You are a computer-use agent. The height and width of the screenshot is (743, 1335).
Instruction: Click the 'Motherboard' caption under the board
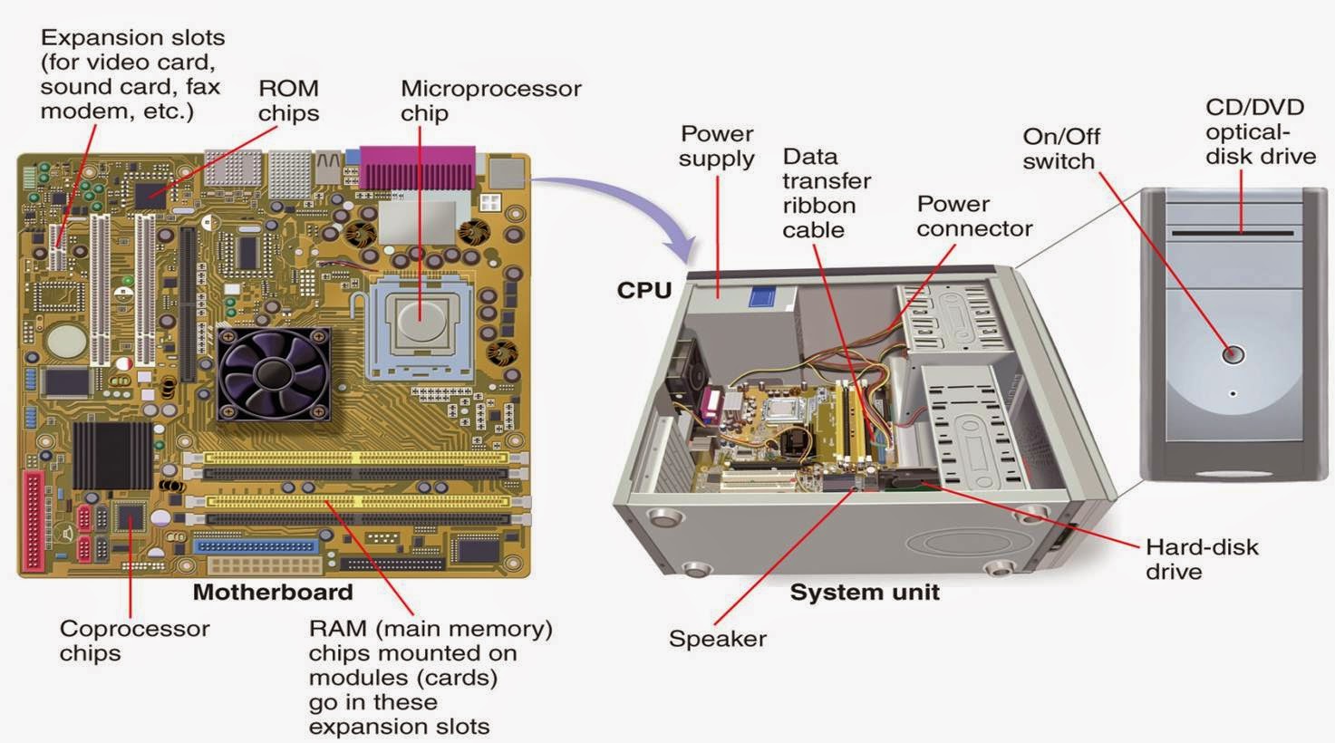(272, 593)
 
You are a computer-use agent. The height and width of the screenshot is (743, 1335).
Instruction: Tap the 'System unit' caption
(864, 593)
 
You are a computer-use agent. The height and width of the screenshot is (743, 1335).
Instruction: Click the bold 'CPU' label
(643, 290)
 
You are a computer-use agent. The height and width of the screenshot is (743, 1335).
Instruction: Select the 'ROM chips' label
(288, 101)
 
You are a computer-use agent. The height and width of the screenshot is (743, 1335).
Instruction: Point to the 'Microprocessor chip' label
(490, 101)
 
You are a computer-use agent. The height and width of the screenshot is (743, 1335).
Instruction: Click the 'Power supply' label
(717, 146)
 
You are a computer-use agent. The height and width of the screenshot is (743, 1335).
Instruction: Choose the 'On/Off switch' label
(1060, 149)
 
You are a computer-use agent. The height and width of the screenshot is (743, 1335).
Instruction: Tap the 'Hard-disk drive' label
(1201, 559)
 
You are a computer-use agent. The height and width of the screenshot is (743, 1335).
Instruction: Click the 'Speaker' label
(717, 639)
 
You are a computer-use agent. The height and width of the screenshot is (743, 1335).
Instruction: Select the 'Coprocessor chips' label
(134, 641)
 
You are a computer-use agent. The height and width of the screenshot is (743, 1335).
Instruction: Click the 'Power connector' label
(973, 216)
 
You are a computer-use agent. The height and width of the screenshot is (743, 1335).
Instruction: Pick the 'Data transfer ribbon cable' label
(826, 193)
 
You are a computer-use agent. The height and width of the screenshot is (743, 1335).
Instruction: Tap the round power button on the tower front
(1233, 354)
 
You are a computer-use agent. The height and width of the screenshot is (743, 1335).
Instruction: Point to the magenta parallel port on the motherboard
(417, 166)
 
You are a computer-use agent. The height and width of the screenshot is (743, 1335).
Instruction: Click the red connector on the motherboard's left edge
(34, 521)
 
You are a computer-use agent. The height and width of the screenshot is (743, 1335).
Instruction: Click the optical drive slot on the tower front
(1233, 233)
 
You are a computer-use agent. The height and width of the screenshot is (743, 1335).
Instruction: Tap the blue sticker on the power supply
(764, 298)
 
